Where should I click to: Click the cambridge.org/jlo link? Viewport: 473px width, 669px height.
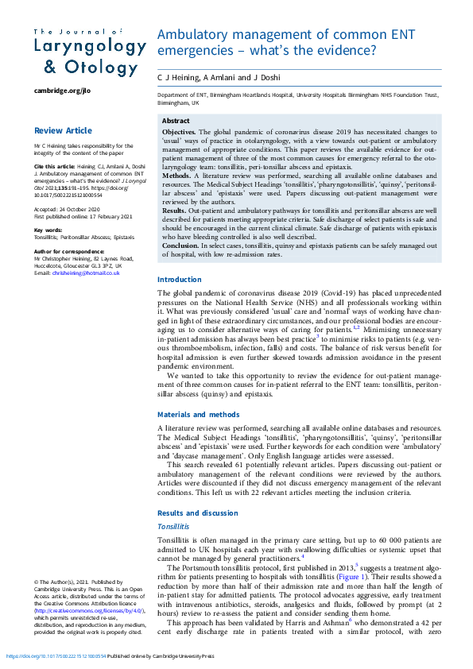pos(62,91)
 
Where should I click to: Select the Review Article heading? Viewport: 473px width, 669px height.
pos(63,130)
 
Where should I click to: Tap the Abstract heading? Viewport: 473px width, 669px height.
pos(176,121)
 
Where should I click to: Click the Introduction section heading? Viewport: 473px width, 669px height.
pos(180,280)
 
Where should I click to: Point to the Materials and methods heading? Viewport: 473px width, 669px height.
pos(198,415)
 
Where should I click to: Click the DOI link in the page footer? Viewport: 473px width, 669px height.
pos(54,657)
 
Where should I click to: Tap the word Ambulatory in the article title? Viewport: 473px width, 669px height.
pos(194,35)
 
